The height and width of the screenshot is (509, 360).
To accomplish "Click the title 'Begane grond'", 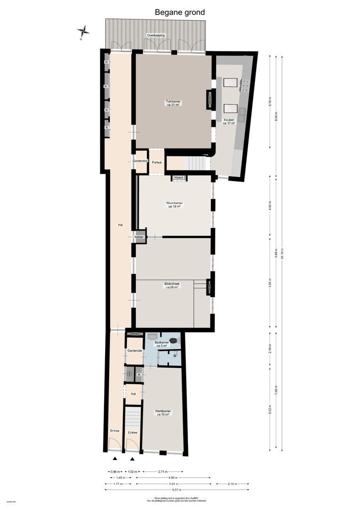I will tap(180, 12).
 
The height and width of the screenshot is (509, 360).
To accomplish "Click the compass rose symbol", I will tap(84, 32).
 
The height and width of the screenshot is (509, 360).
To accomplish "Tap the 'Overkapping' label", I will tap(155, 35).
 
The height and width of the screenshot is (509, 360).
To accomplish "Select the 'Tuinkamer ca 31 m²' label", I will tap(173, 103).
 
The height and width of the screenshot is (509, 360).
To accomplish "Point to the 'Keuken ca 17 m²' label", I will tap(229, 122).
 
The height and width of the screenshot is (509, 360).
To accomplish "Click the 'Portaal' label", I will tap(156, 163).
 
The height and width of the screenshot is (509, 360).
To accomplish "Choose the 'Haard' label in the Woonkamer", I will tap(179, 178).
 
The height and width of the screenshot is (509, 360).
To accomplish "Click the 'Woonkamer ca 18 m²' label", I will tap(175, 205).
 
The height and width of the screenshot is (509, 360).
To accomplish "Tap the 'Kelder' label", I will tap(139, 238).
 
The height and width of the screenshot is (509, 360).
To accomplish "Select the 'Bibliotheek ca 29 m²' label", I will tap(172, 286).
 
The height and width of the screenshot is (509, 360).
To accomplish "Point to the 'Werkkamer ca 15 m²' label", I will tap(163, 412).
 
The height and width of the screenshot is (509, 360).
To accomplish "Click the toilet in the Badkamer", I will tap(174, 340).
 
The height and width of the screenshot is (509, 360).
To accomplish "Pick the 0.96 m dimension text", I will tap(115, 471).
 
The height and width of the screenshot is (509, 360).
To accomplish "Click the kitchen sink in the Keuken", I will tap(242, 111).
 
